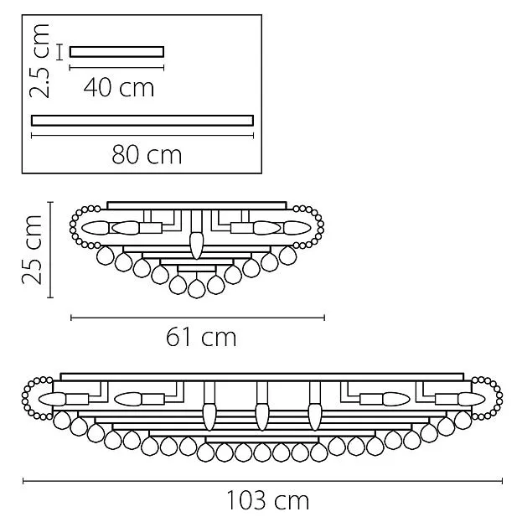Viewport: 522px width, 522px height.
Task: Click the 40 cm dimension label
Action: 119,87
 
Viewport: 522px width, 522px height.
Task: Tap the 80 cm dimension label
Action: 147,155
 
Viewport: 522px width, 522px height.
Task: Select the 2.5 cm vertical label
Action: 39,61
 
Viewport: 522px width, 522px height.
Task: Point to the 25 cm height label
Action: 32,250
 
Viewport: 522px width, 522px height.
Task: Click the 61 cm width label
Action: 201,337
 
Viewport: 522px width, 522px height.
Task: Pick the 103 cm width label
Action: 267,500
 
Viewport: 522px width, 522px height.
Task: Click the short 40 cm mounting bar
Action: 116,52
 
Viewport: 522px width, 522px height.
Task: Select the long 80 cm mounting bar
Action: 142,121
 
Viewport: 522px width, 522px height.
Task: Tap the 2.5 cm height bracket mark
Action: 59,52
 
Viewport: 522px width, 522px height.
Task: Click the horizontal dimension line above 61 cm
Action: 198,318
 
